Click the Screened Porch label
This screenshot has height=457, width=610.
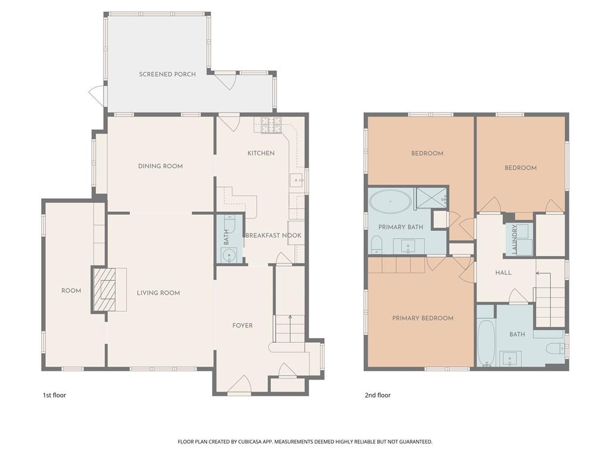167,74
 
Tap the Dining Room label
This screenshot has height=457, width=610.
160,167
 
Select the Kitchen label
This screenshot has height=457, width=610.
261,153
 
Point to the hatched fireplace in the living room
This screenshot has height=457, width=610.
104,289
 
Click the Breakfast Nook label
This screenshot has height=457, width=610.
273,236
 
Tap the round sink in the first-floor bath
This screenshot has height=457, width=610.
228,256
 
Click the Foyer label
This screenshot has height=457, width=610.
242,325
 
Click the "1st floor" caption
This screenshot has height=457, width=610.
54,395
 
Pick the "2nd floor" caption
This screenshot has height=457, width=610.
377,395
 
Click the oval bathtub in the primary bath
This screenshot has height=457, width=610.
390,202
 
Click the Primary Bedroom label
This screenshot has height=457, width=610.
422,318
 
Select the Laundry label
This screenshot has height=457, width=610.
514,239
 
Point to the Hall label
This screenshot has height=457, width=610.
503,273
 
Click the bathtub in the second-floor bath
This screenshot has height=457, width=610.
486,343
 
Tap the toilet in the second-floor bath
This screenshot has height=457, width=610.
555,349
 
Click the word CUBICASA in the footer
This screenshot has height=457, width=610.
252,442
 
